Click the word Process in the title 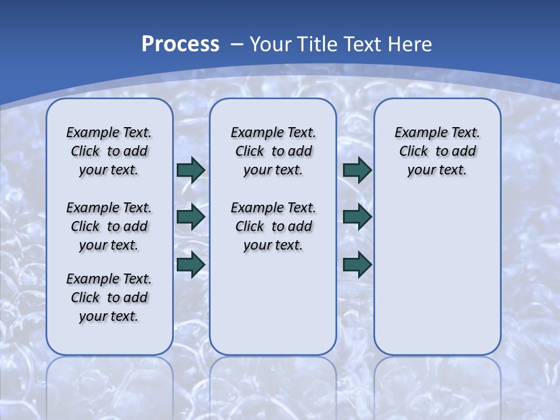point(180,44)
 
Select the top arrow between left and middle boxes point(191,170)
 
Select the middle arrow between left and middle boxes point(191,217)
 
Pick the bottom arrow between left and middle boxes point(191,264)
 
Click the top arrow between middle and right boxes point(358,170)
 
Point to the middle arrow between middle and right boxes point(358,217)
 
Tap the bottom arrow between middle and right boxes point(358,264)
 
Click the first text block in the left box point(109,151)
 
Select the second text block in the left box point(109,226)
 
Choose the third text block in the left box point(109,297)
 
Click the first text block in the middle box point(273,151)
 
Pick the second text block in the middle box point(273,226)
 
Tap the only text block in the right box point(437,151)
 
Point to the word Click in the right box point(414,152)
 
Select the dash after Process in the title point(237,44)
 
